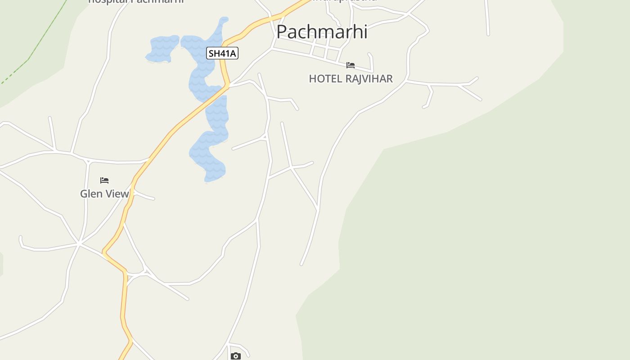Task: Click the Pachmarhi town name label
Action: coord(322,31)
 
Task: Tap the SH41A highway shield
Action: coord(222,53)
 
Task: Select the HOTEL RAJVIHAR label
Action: coord(351,79)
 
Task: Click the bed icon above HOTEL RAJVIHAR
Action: coord(351,65)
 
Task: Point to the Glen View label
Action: coord(104,194)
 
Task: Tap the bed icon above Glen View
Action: coord(104,180)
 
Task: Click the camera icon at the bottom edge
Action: coord(235,356)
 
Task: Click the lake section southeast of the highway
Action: coord(211,148)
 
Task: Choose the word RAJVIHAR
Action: coord(365,79)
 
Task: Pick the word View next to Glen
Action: coord(117,194)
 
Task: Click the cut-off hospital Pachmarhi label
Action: coord(136,1)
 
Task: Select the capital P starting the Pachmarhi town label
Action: coord(282,32)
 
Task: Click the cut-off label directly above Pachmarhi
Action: coord(344,1)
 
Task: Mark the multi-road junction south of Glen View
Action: coord(79,243)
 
